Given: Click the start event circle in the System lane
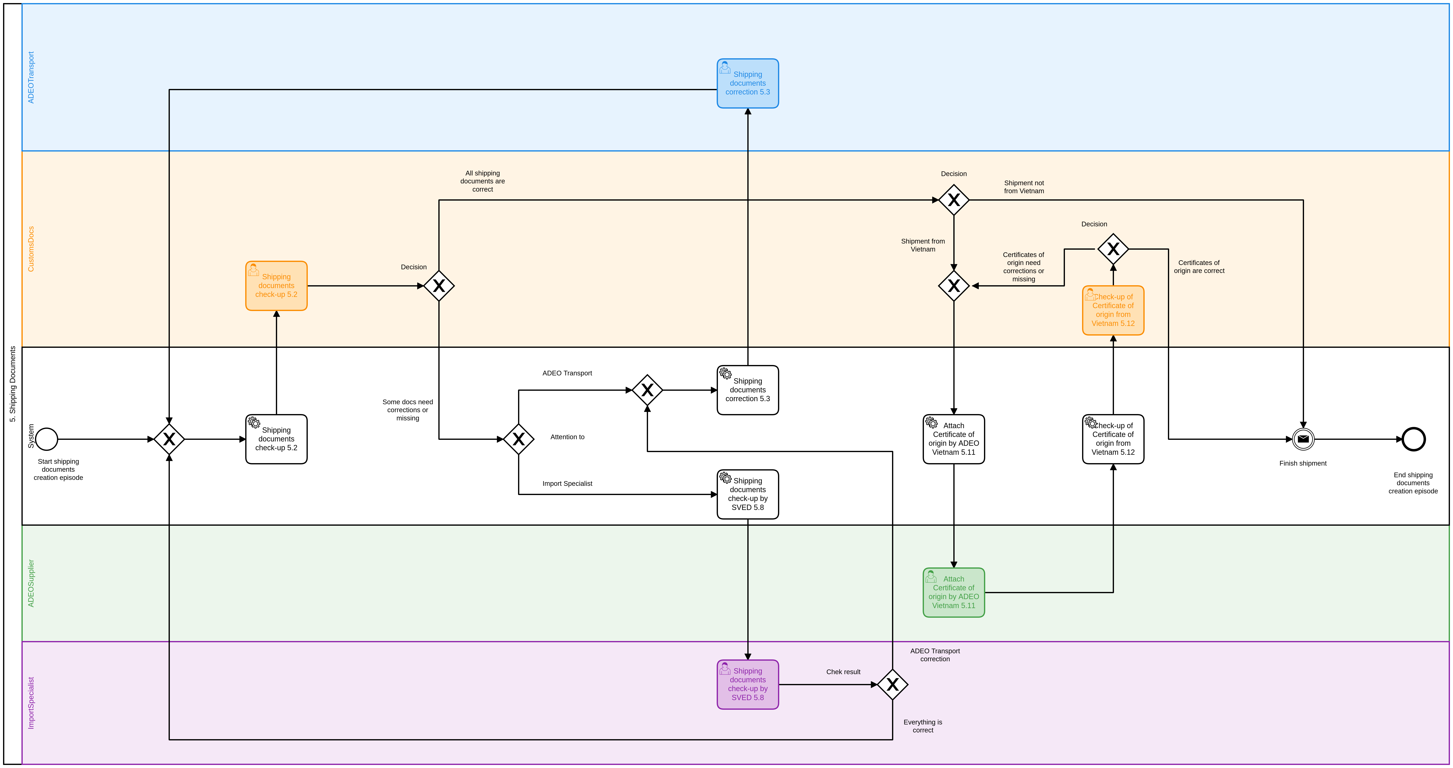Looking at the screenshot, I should click(x=47, y=439).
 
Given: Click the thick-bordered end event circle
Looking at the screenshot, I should click(x=1414, y=439).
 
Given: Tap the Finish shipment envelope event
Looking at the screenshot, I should click(x=1303, y=439).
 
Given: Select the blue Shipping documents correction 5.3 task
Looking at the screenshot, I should click(x=747, y=83).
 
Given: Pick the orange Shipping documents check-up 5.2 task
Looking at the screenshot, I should click(x=276, y=285).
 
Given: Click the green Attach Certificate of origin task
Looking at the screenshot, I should click(x=953, y=593).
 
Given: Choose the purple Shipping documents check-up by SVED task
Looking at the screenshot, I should click(x=747, y=685).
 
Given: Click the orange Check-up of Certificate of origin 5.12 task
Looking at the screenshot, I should click(x=1113, y=310).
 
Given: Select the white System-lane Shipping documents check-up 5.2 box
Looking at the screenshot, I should click(x=276, y=439).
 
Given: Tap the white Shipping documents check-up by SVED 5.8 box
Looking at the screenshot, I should click(x=747, y=494).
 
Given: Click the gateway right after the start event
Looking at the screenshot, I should click(x=169, y=439).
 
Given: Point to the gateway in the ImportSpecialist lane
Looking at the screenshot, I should click(x=892, y=685).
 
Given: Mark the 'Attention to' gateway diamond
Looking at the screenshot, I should click(x=518, y=439).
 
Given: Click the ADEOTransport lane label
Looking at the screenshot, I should click(x=31, y=77).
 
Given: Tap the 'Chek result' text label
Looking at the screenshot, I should click(x=843, y=671).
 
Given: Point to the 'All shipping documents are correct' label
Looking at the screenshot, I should click(x=482, y=181).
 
